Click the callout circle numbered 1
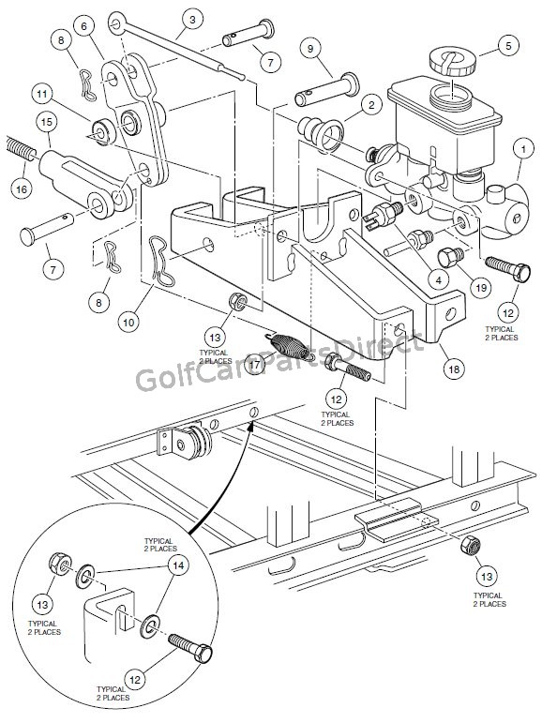click(523, 147)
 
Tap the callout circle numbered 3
click(192, 18)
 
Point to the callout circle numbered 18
click(454, 370)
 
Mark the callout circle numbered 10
click(128, 319)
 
